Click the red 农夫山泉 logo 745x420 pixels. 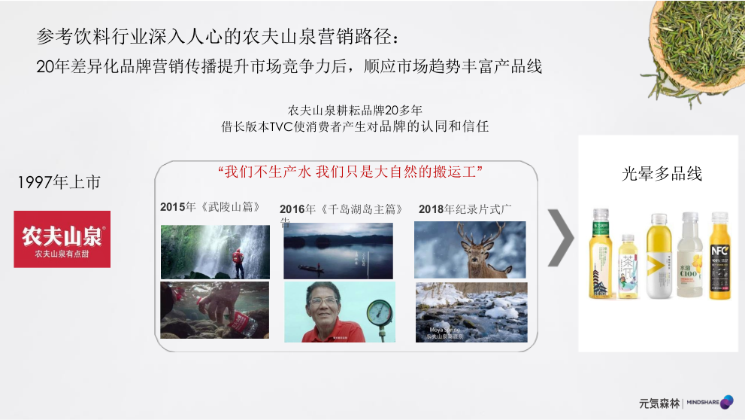pyautogui.click(x=62, y=239)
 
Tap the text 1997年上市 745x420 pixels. pyautogui.click(x=59, y=183)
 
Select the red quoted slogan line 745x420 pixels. pyautogui.click(x=350, y=172)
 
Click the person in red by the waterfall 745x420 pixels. pyautogui.click(x=238, y=260)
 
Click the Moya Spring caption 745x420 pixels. pyautogui.click(x=444, y=332)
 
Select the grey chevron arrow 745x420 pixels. pyautogui.click(x=560, y=237)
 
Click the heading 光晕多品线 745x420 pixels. pyautogui.click(x=662, y=174)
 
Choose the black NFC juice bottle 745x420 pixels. pyautogui.click(x=719, y=256)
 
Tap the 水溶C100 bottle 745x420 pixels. pyautogui.click(x=690, y=256)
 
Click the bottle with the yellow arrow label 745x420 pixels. pyautogui.click(x=659, y=256)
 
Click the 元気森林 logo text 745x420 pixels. pyautogui.click(x=659, y=403)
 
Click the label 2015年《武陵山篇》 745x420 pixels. pyautogui.click(x=210, y=207)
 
